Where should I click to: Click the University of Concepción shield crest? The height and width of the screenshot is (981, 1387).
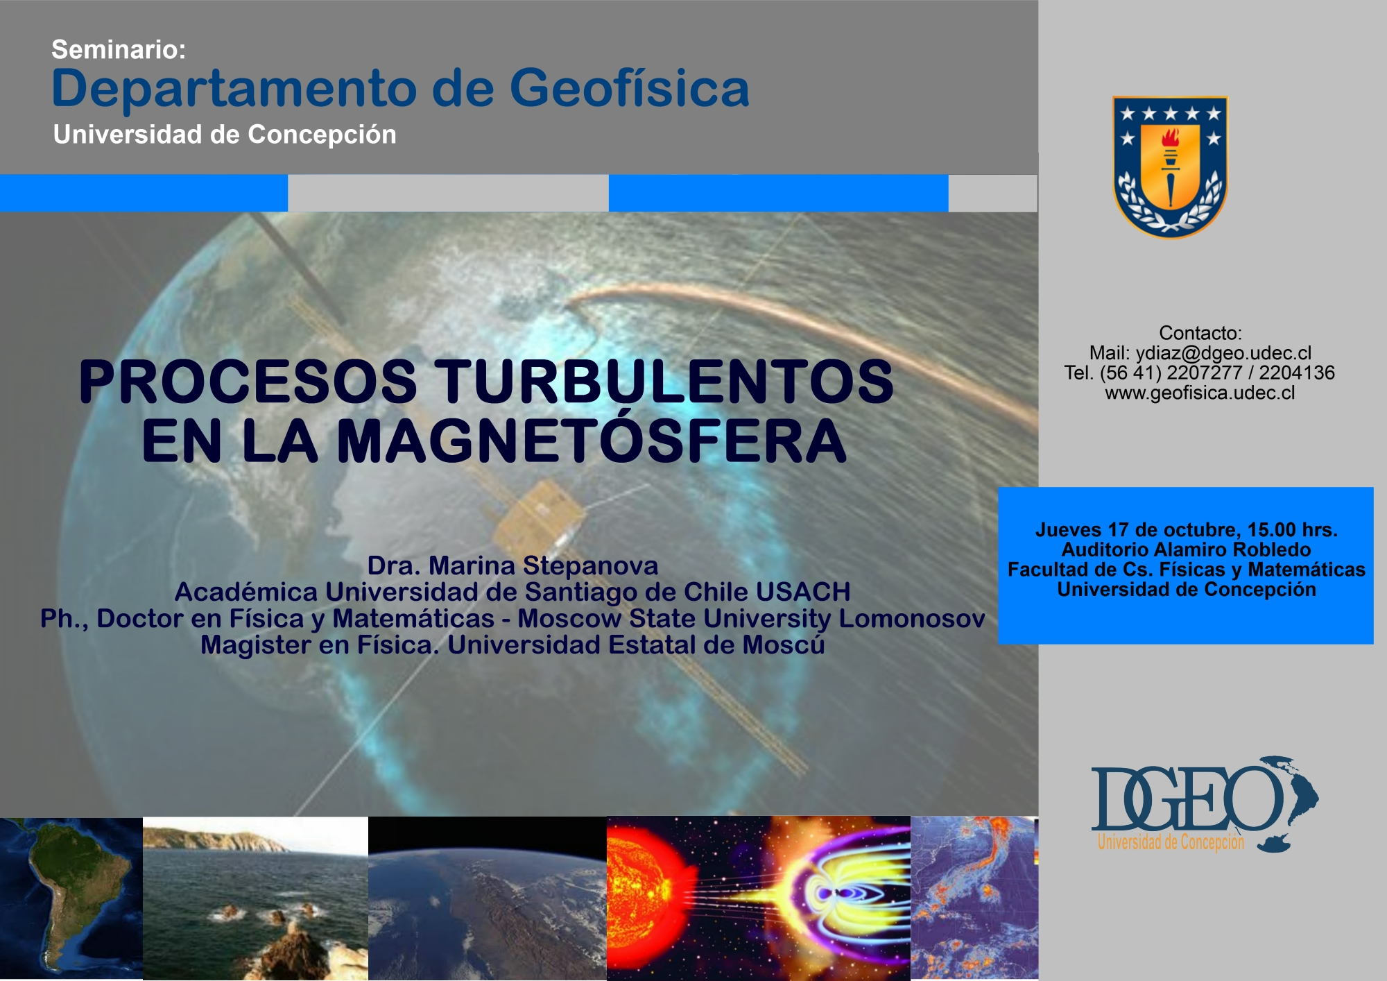[1170, 167]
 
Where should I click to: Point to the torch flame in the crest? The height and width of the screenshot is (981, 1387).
[1170, 137]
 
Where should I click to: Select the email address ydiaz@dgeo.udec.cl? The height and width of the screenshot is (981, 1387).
[1223, 353]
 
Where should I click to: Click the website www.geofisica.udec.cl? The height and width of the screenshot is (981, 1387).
[1200, 393]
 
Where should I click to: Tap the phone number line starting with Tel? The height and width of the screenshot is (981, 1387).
[1199, 373]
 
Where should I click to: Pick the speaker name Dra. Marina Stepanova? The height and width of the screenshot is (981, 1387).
[512, 565]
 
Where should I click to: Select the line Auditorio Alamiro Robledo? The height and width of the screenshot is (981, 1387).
[1186, 550]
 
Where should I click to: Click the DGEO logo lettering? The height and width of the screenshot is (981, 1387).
[1187, 798]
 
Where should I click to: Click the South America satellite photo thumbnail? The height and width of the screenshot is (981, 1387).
[71, 898]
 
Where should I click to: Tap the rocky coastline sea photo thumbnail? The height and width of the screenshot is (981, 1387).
[255, 898]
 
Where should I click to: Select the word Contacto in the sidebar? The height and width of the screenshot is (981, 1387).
[1200, 333]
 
